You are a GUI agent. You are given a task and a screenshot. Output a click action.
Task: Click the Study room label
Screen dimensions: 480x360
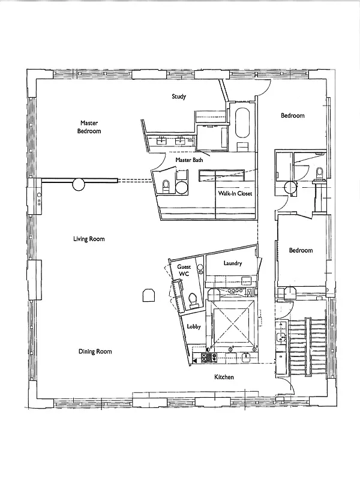tap(179, 97)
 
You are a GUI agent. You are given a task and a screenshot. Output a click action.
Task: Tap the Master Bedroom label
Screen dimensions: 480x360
tap(89, 127)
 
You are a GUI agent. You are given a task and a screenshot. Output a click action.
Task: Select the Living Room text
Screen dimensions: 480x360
tap(89, 239)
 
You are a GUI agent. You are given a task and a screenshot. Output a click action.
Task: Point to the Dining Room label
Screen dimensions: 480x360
tap(95, 352)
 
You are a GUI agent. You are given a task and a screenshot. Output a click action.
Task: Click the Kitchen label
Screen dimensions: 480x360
tap(224, 377)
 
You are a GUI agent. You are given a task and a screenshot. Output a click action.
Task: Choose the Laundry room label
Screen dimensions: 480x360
tap(232, 263)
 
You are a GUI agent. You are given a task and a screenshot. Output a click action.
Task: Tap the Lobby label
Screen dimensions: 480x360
tap(193, 327)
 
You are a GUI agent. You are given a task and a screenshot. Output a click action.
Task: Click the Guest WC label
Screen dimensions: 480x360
tap(182, 271)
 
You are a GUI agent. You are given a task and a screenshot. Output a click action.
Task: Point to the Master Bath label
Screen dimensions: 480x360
tap(189, 161)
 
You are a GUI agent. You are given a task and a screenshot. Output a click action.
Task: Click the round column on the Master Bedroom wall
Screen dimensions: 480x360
tap(79, 184)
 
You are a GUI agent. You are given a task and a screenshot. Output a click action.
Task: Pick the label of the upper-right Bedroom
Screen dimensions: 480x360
tap(293, 116)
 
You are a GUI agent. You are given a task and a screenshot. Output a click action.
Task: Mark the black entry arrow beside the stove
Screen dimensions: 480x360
tap(196, 361)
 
